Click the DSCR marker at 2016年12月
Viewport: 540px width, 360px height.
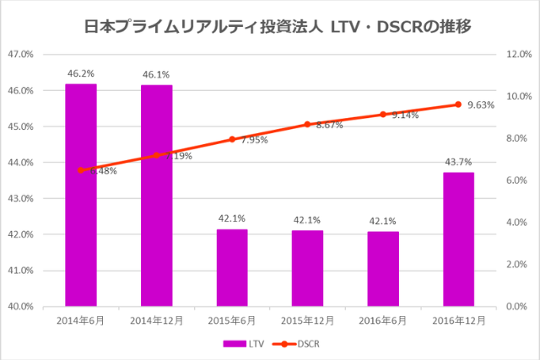pos(458,105)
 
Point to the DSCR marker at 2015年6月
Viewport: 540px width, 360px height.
pos(232,139)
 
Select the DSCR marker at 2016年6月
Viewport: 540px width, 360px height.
pos(383,115)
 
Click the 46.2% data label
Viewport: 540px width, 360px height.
pos(81,73)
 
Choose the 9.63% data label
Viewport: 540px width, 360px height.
pos(480,105)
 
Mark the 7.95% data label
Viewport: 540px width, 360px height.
pos(253,140)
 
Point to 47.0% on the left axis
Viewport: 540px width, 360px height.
pos(20,54)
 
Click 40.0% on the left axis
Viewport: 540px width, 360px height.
pos(20,306)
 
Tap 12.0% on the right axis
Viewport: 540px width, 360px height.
pos(516,54)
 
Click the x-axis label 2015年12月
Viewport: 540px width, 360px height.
pos(307,321)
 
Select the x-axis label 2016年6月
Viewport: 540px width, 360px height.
pos(383,321)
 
